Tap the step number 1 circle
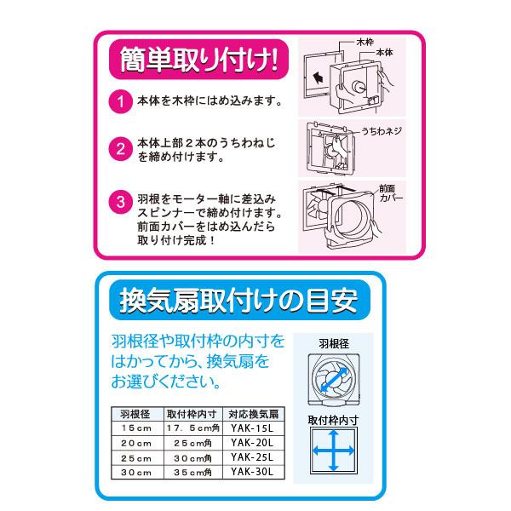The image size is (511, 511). pos(120,102)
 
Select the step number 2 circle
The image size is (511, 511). pos(120,150)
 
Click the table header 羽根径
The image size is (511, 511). pos(135,413)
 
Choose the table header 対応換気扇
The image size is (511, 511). pos(252,413)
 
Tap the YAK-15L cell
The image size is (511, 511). pos(252,428)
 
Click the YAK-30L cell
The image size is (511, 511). pos(252,471)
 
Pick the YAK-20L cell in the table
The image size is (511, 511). pos(252,442)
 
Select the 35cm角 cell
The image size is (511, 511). pos(195,471)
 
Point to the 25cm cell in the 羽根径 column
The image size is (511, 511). pos(135,456)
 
